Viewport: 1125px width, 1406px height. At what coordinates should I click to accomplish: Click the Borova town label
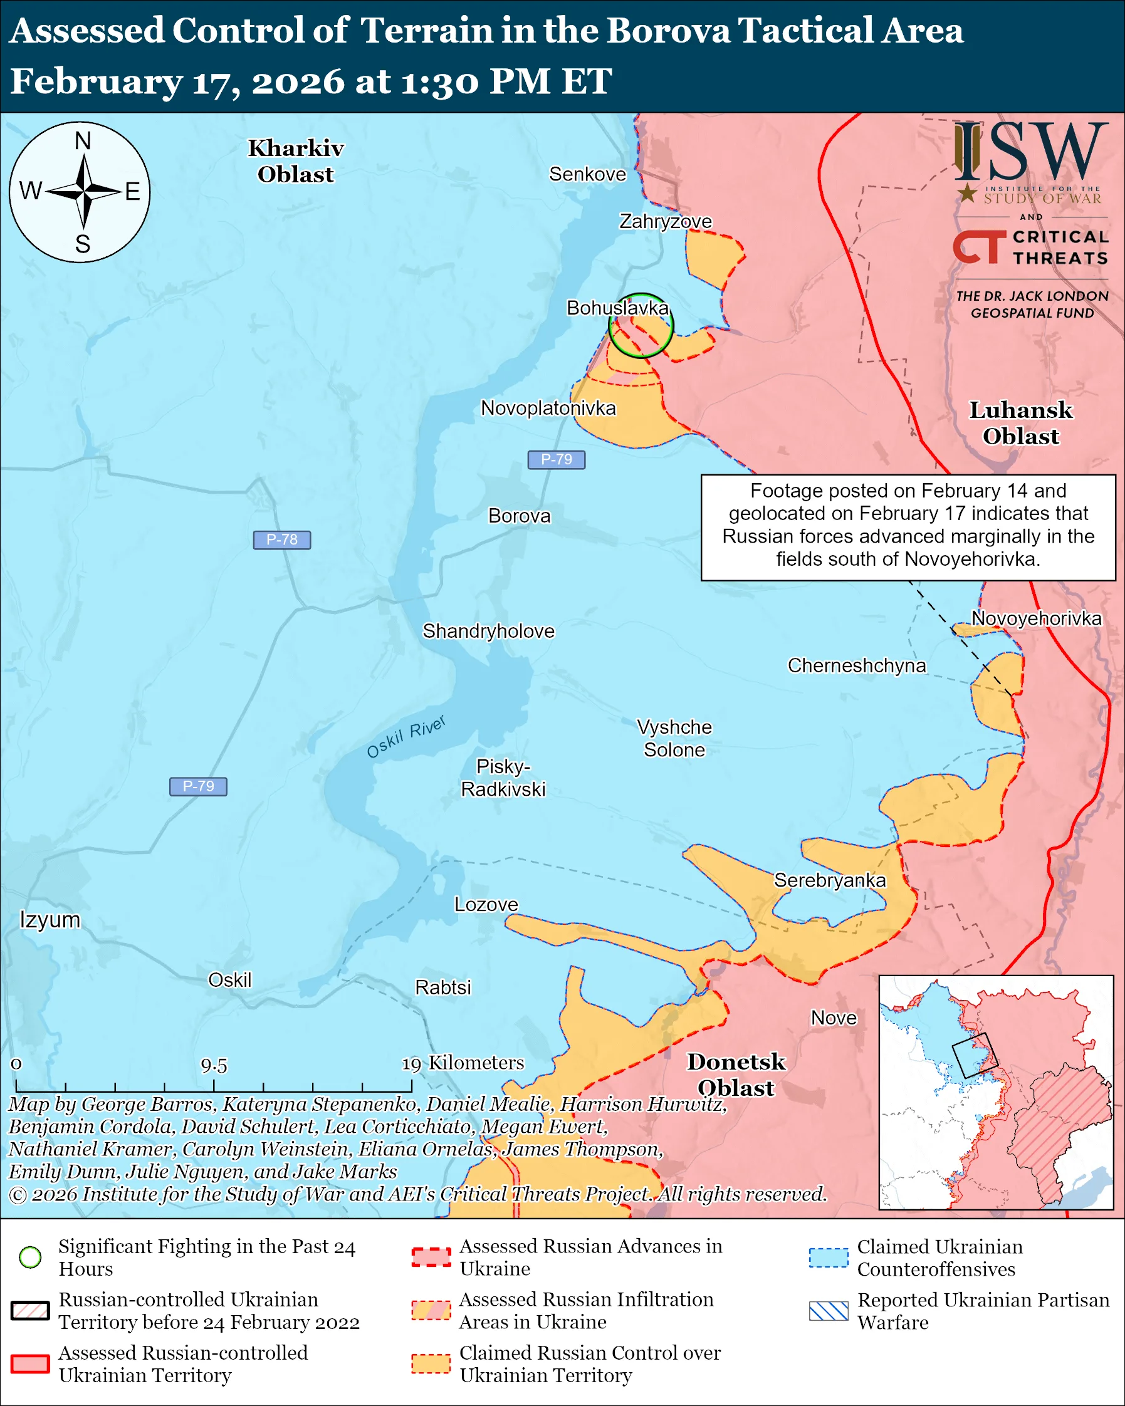tap(519, 516)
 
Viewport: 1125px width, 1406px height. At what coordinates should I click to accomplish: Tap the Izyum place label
tap(50, 920)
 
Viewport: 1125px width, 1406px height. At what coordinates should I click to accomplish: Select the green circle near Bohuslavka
tap(641, 325)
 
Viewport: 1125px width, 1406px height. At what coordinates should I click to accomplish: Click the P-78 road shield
tap(282, 540)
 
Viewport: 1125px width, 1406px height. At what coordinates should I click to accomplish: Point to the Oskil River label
tap(406, 736)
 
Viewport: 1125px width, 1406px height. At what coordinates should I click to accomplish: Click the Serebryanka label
tap(830, 880)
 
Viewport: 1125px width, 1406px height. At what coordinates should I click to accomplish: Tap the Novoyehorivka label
tap(1036, 618)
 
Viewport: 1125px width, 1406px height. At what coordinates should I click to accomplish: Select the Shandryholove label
tap(488, 632)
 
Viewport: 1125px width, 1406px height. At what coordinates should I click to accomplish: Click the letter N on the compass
tap(83, 141)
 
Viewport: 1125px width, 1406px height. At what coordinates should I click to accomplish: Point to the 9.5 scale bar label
tap(214, 1066)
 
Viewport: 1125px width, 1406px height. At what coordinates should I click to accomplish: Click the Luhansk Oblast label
tap(1021, 423)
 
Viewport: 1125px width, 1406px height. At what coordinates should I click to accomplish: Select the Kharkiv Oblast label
tap(295, 161)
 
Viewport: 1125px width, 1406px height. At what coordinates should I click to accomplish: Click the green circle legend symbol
tap(31, 1258)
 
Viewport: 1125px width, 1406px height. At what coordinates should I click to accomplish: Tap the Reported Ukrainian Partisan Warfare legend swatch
tap(829, 1311)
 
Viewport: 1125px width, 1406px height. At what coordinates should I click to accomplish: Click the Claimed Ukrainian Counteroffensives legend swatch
tap(829, 1258)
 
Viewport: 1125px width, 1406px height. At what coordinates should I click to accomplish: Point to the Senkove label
tap(587, 174)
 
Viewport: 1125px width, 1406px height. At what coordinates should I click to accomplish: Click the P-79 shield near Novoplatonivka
tap(557, 460)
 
